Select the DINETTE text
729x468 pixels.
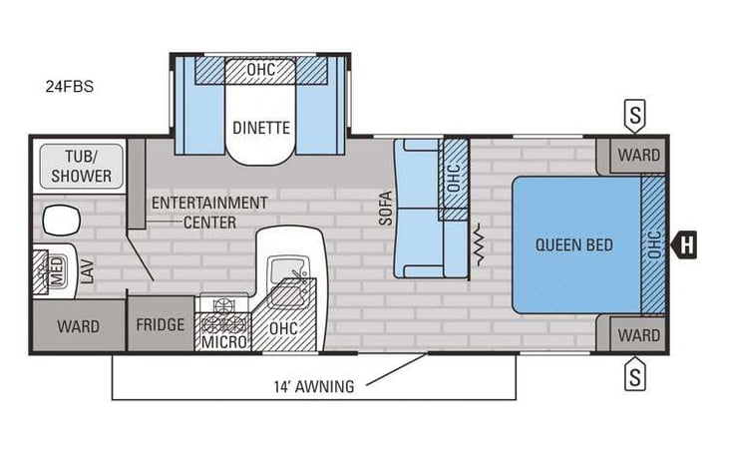click(x=261, y=128)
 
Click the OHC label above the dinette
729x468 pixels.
click(x=261, y=70)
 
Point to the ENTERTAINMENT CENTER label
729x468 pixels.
click(x=209, y=212)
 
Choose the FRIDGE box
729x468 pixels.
click(x=161, y=324)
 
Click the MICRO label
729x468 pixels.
click(x=223, y=343)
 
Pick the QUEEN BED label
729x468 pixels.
click(x=573, y=244)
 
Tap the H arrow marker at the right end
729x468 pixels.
click(x=685, y=243)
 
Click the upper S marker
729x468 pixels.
click(x=633, y=115)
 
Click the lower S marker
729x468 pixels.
click(x=633, y=376)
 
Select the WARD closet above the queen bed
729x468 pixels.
click(x=637, y=155)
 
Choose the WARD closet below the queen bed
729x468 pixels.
click(x=637, y=334)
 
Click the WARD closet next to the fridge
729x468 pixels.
click(x=78, y=325)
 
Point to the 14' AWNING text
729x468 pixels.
click(x=313, y=387)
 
